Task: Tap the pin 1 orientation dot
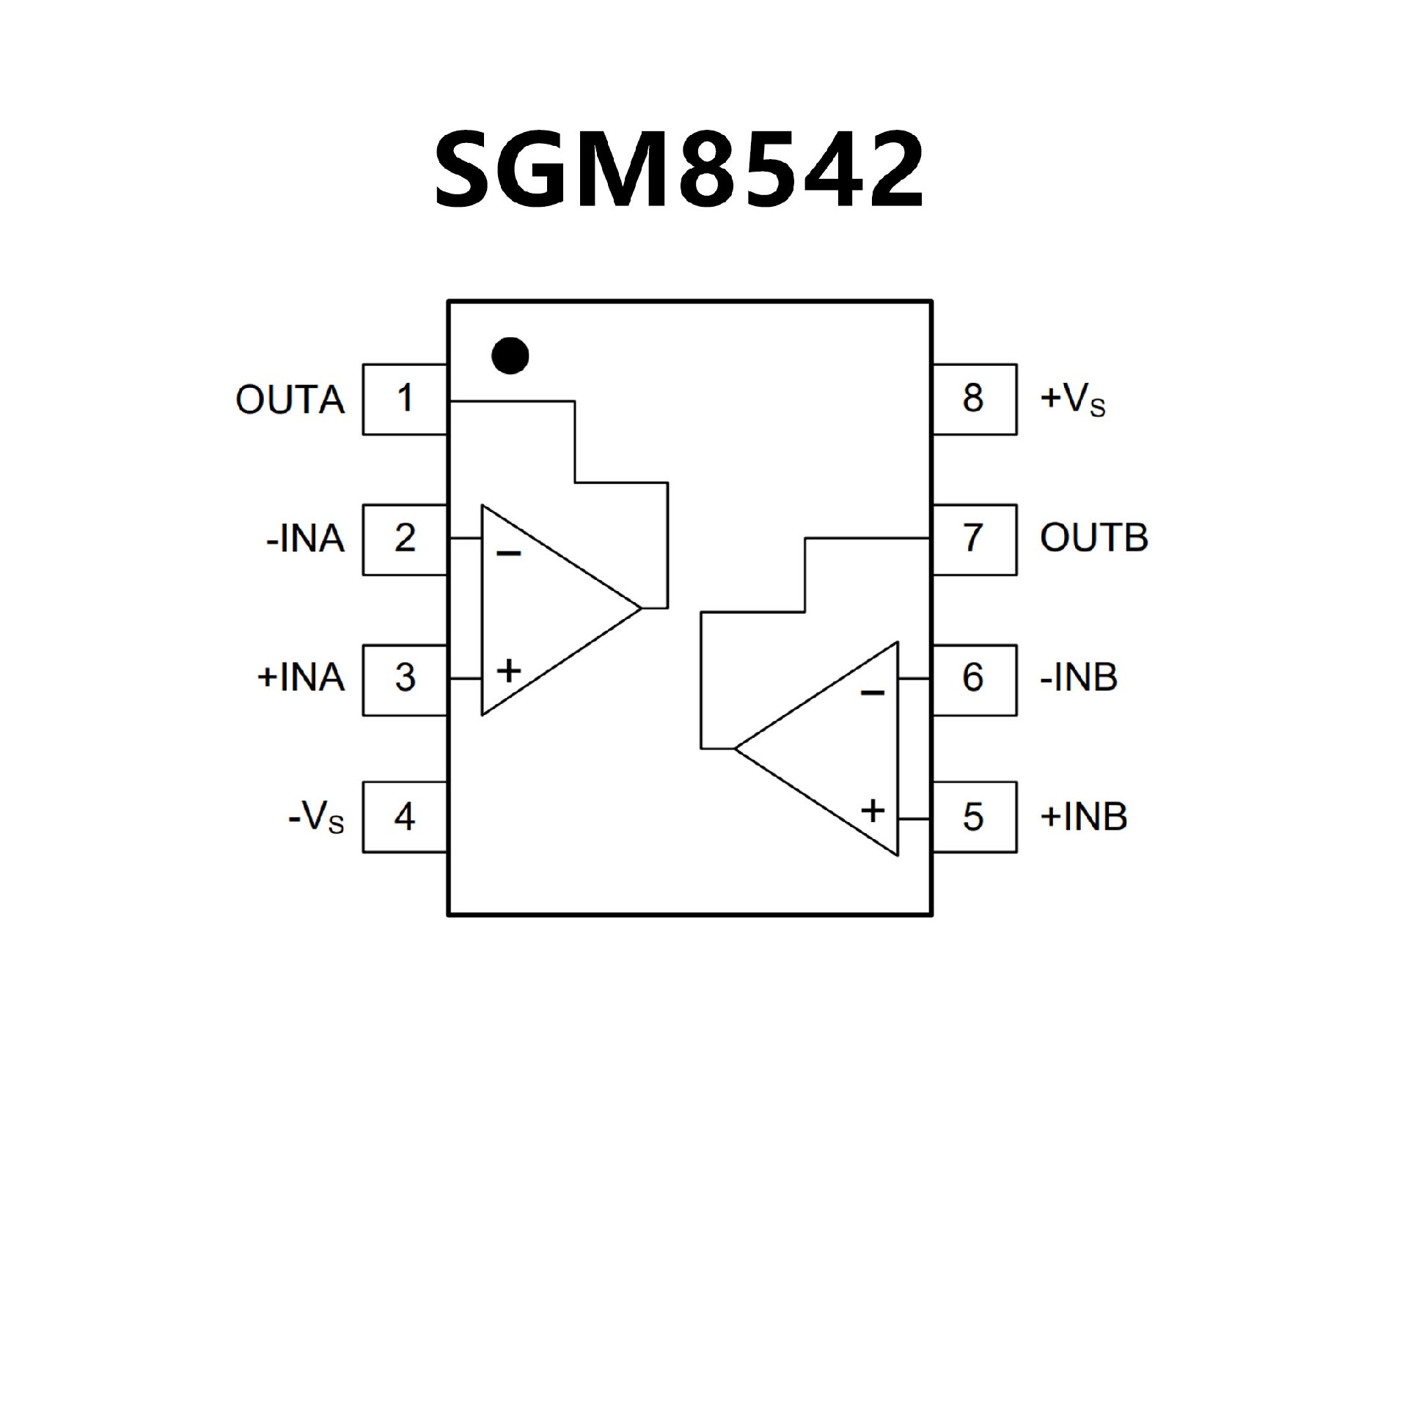pyautogui.click(x=510, y=356)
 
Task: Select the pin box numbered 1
pyautogui.click(x=405, y=399)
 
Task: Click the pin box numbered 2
pyautogui.click(x=405, y=539)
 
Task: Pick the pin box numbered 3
pyautogui.click(x=405, y=679)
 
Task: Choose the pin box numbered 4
pyautogui.click(x=405, y=817)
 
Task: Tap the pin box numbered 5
pyautogui.click(x=973, y=817)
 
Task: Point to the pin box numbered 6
pyautogui.click(x=973, y=679)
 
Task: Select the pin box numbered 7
pyautogui.click(x=973, y=539)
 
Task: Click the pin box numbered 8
pyautogui.click(x=973, y=399)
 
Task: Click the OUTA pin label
pyautogui.click(x=290, y=400)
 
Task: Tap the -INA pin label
pyautogui.click(x=305, y=539)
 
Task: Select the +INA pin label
pyautogui.click(x=301, y=678)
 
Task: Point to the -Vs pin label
pyautogui.click(x=316, y=817)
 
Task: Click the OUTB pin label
pyautogui.click(x=1093, y=538)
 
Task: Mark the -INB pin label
pyautogui.click(x=1079, y=678)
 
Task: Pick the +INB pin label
pyautogui.click(x=1083, y=817)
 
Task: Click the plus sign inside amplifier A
pyautogui.click(x=509, y=670)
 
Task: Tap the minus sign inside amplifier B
pyautogui.click(x=872, y=692)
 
